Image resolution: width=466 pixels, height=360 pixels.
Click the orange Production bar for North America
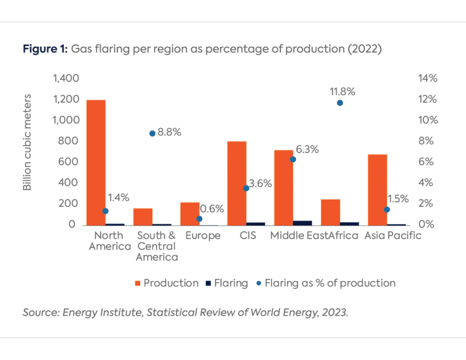tap(96, 162)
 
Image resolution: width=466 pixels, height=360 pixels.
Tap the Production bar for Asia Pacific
tap(377, 189)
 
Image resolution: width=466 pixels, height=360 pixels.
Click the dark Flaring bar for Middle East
tap(302, 223)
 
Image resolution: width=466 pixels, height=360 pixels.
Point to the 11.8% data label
tap(342, 92)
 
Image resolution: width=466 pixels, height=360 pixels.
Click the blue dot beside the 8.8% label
tap(152, 133)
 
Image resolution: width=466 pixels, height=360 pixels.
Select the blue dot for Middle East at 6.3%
tap(292, 159)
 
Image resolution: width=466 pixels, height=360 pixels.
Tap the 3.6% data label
tap(260, 183)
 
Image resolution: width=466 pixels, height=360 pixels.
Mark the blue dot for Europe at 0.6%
tap(199, 219)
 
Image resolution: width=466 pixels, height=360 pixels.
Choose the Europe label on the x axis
tap(203, 236)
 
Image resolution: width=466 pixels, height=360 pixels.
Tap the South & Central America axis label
tap(156, 246)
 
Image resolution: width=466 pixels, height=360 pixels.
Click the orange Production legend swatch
tap(138, 283)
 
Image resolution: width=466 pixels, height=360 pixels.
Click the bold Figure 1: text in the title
tap(45, 50)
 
